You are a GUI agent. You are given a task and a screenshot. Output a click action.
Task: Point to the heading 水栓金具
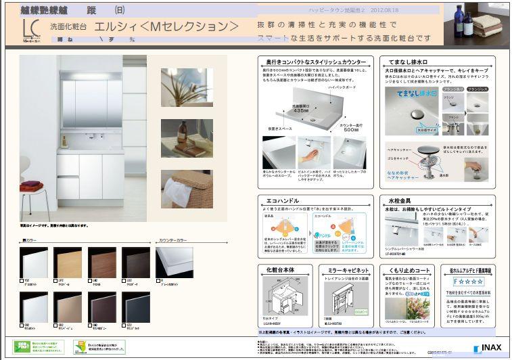pyautogui.click(x=400, y=200)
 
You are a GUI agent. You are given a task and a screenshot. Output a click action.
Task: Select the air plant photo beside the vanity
pyautogui.click(x=187, y=87)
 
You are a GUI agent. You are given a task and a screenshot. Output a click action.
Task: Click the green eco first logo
pyautogui.click(x=24, y=347)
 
